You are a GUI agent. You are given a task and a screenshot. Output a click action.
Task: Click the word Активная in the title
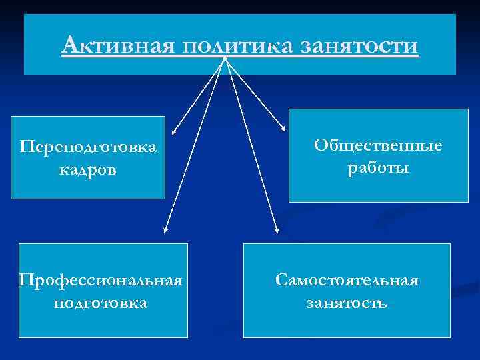(x=117, y=47)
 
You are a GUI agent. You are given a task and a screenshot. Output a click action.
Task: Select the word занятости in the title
(x=359, y=47)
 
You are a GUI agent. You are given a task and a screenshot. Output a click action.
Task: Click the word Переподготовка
(x=88, y=146)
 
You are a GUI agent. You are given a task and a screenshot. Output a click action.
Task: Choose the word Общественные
(x=378, y=145)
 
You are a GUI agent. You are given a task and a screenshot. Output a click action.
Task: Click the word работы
(x=378, y=169)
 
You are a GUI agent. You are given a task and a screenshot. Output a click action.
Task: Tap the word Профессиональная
(x=101, y=279)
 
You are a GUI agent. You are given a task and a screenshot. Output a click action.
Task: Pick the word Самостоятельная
(x=347, y=280)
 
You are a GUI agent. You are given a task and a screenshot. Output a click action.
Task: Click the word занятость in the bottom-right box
(x=347, y=303)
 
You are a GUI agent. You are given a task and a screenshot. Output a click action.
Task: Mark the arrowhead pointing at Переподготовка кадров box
(x=173, y=133)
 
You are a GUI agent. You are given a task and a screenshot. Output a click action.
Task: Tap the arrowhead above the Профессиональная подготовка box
(x=165, y=231)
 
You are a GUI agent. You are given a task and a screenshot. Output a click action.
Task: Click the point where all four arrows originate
(x=225, y=59)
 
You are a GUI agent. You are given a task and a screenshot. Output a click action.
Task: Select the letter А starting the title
(x=70, y=46)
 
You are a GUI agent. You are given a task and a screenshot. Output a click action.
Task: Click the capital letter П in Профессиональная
(x=25, y=279)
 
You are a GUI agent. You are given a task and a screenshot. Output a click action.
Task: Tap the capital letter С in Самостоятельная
(x=281, y=280)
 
